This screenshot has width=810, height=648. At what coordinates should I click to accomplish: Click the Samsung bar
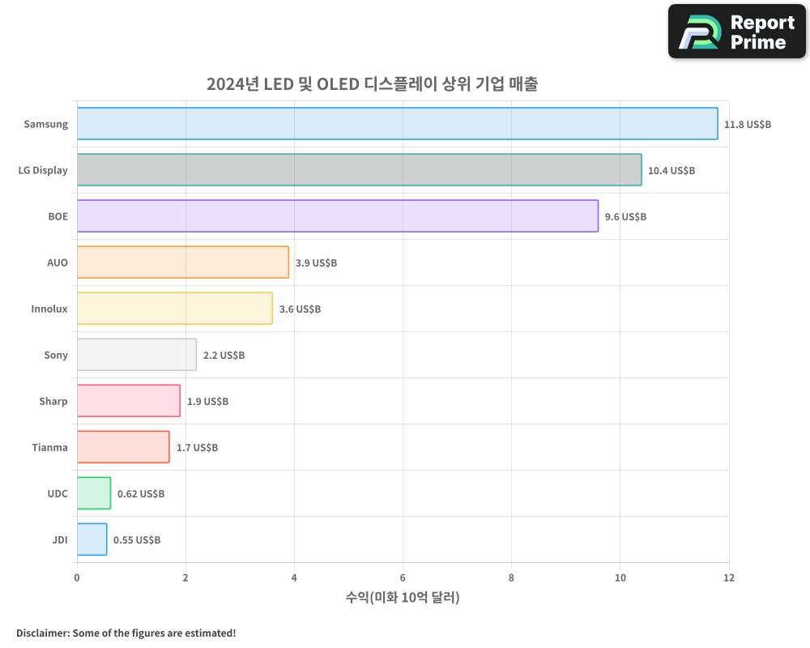397,124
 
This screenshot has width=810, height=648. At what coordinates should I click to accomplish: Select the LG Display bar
359,170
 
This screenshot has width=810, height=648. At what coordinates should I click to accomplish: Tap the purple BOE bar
338,216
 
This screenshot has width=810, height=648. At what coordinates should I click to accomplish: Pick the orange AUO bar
183,262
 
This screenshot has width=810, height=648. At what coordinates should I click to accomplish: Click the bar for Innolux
175,309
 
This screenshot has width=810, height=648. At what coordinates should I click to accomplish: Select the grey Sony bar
137,355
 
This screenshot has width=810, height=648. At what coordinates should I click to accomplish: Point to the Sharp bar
129,401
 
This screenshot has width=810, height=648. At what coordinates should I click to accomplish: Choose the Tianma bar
123,447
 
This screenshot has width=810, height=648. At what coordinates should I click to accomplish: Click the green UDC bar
94,493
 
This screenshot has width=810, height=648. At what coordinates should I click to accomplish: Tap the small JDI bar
92,539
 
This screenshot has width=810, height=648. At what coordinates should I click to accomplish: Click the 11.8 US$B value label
748,125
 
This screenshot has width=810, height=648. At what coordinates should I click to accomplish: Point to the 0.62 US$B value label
141,494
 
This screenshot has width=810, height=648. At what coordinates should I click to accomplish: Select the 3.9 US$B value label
316,263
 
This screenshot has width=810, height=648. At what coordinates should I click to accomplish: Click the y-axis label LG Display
43,171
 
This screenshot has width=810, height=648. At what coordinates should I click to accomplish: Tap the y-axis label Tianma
49,448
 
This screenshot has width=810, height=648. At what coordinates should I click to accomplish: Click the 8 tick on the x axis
511,578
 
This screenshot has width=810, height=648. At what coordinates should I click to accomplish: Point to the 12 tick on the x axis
728,578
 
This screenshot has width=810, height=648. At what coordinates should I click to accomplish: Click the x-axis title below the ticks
403,598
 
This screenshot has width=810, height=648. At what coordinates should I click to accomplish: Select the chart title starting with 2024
372,84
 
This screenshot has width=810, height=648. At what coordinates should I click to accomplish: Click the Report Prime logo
736,32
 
